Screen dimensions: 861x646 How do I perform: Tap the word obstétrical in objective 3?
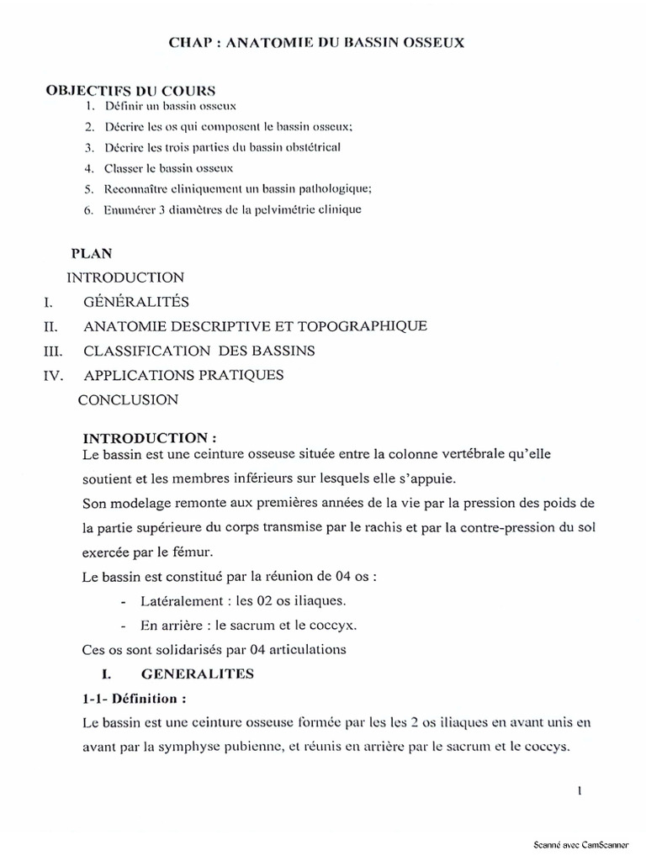(x=310, y=147)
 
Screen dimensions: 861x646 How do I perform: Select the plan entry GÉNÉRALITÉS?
(x=136, y=302)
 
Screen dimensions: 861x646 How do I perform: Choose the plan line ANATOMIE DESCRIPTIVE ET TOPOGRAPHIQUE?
(x=256, y=326)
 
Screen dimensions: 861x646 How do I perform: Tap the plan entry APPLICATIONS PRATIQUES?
(x=183, y=375)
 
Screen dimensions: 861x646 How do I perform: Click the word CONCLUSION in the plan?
(x=128, y=399)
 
